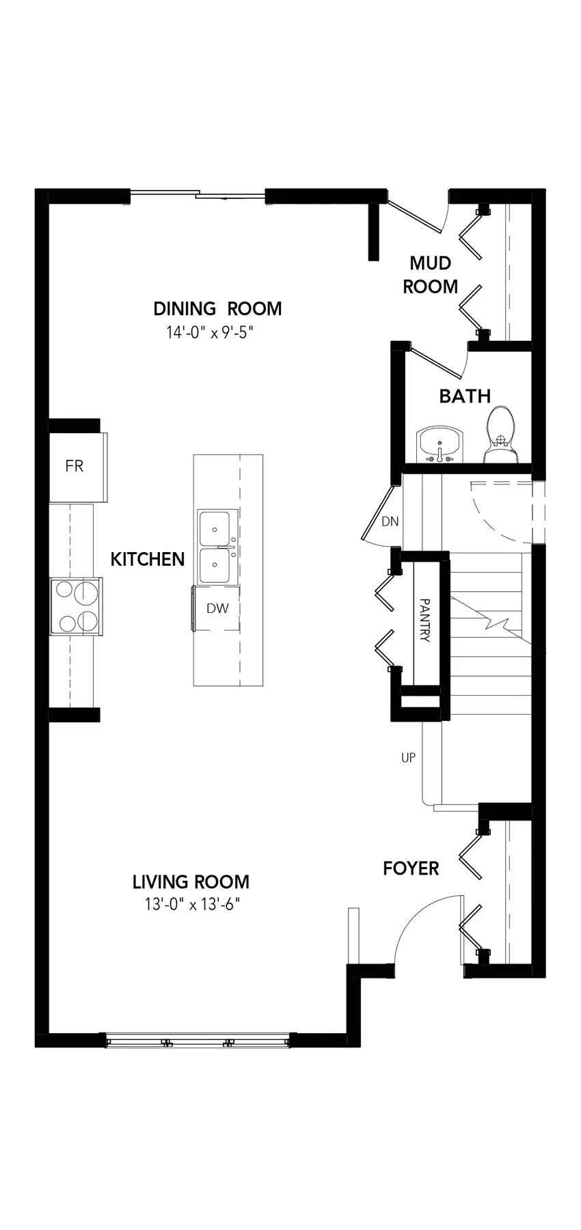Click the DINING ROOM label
point(217,309)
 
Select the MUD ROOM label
point(431,275)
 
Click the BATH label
point(465,396)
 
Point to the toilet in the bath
point(502,435)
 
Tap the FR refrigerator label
point(74,466)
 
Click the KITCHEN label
point(148,559)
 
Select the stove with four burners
point(76,606)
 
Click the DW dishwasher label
point(217,608)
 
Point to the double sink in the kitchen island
point(217,547)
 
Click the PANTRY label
point(424,621)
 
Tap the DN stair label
point(390,522)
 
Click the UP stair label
point(408,757)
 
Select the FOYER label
point(411,868)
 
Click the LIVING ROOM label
point(191,882)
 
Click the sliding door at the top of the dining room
point(198,195)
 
